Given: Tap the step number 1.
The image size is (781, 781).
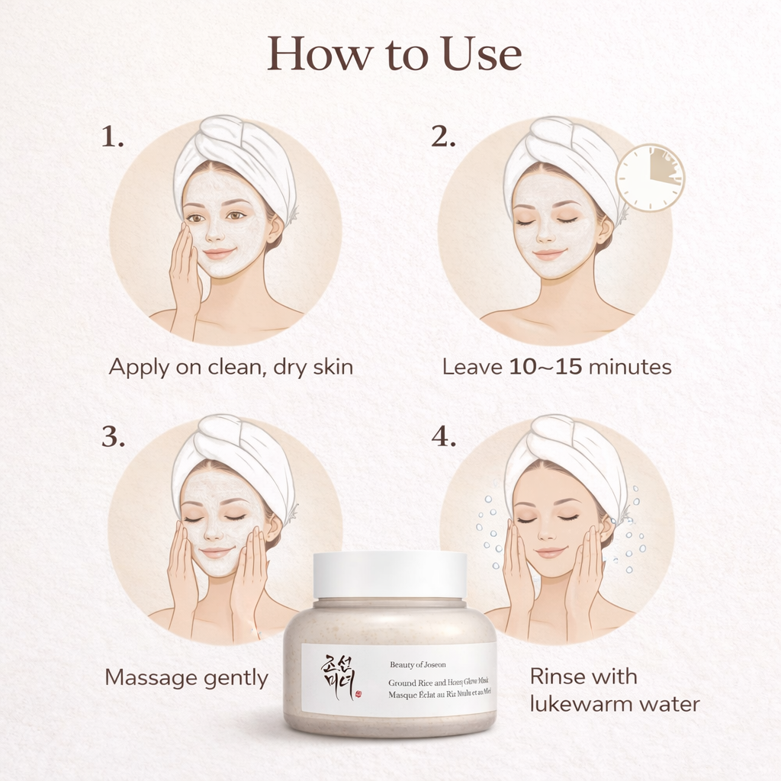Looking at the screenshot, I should tap(112, 138).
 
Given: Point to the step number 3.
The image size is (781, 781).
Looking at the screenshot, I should tap(113, 437).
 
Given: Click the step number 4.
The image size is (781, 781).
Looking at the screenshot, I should tap(443, 437).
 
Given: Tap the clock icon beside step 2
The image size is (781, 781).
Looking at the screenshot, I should tap(650, 178).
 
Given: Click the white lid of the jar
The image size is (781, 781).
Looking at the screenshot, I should tap(390, 574).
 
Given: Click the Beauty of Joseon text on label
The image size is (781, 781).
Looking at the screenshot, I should tap(418, 664).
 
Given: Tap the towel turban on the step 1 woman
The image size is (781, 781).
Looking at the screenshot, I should tap(236, 156).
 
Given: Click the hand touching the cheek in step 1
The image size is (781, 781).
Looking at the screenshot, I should tap(185, 267).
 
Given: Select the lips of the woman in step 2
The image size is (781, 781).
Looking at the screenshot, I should tap(549, 254).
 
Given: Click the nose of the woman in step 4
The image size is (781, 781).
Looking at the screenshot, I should tap(547, 535).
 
